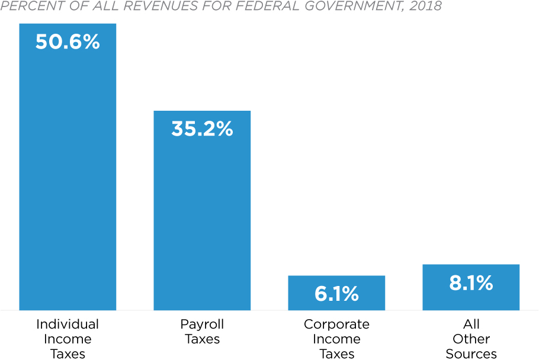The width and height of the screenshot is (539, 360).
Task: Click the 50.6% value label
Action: click(68, 42)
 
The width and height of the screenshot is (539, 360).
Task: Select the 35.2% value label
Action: click(202, 129)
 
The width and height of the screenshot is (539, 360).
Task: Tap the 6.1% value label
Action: click(336, 294)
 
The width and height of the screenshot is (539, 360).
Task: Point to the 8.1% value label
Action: click(471, 283)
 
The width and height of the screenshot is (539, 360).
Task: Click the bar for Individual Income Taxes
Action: click(68, 178)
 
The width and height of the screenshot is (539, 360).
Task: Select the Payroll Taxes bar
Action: click(202, 219)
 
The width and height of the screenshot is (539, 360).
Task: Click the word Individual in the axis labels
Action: click(68, 324)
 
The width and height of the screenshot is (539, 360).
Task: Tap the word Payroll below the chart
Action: click(202, 324)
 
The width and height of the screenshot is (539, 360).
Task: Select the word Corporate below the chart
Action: click(336, 324)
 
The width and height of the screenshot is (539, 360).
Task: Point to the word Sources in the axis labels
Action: click(471, 354)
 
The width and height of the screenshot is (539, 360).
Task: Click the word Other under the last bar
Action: click(471, 339)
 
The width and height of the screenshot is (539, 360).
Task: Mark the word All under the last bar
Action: click(471, 324)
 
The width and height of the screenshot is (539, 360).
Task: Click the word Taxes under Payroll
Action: click(202, 339)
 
